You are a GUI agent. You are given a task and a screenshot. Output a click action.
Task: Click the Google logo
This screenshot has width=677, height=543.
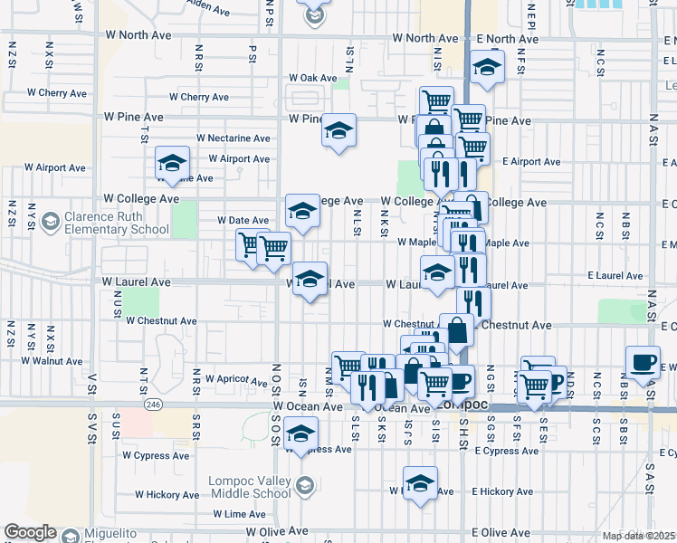pos(30,532)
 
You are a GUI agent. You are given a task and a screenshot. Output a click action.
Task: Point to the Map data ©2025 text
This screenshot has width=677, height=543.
pos(638,536)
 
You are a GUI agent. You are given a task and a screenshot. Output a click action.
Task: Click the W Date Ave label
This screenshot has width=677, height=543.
pos(243,220)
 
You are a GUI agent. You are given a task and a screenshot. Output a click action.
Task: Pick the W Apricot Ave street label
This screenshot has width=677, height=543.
pos(234,378)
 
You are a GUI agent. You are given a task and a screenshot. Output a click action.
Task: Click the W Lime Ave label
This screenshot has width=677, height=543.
pos(240,513)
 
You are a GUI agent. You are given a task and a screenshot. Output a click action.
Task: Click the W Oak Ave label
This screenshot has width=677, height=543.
pos(312,79)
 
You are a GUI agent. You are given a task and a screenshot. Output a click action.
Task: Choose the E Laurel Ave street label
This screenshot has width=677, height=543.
pos(615,275)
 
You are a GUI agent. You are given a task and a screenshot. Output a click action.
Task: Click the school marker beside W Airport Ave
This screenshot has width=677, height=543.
pos(172,163)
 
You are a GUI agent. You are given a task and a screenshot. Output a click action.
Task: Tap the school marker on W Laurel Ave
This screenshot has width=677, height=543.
pos(310,278)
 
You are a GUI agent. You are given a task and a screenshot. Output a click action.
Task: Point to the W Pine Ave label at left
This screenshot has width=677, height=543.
pos(133,117)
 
